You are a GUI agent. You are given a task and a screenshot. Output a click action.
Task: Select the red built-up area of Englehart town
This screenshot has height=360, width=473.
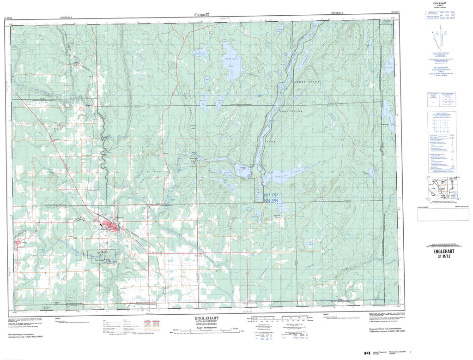111,226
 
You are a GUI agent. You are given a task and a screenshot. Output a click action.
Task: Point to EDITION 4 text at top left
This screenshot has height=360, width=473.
67,17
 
